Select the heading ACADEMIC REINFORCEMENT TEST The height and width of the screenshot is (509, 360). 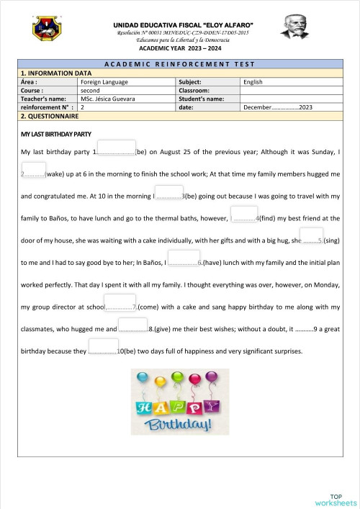179,65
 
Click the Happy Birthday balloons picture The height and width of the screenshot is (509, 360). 179,402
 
